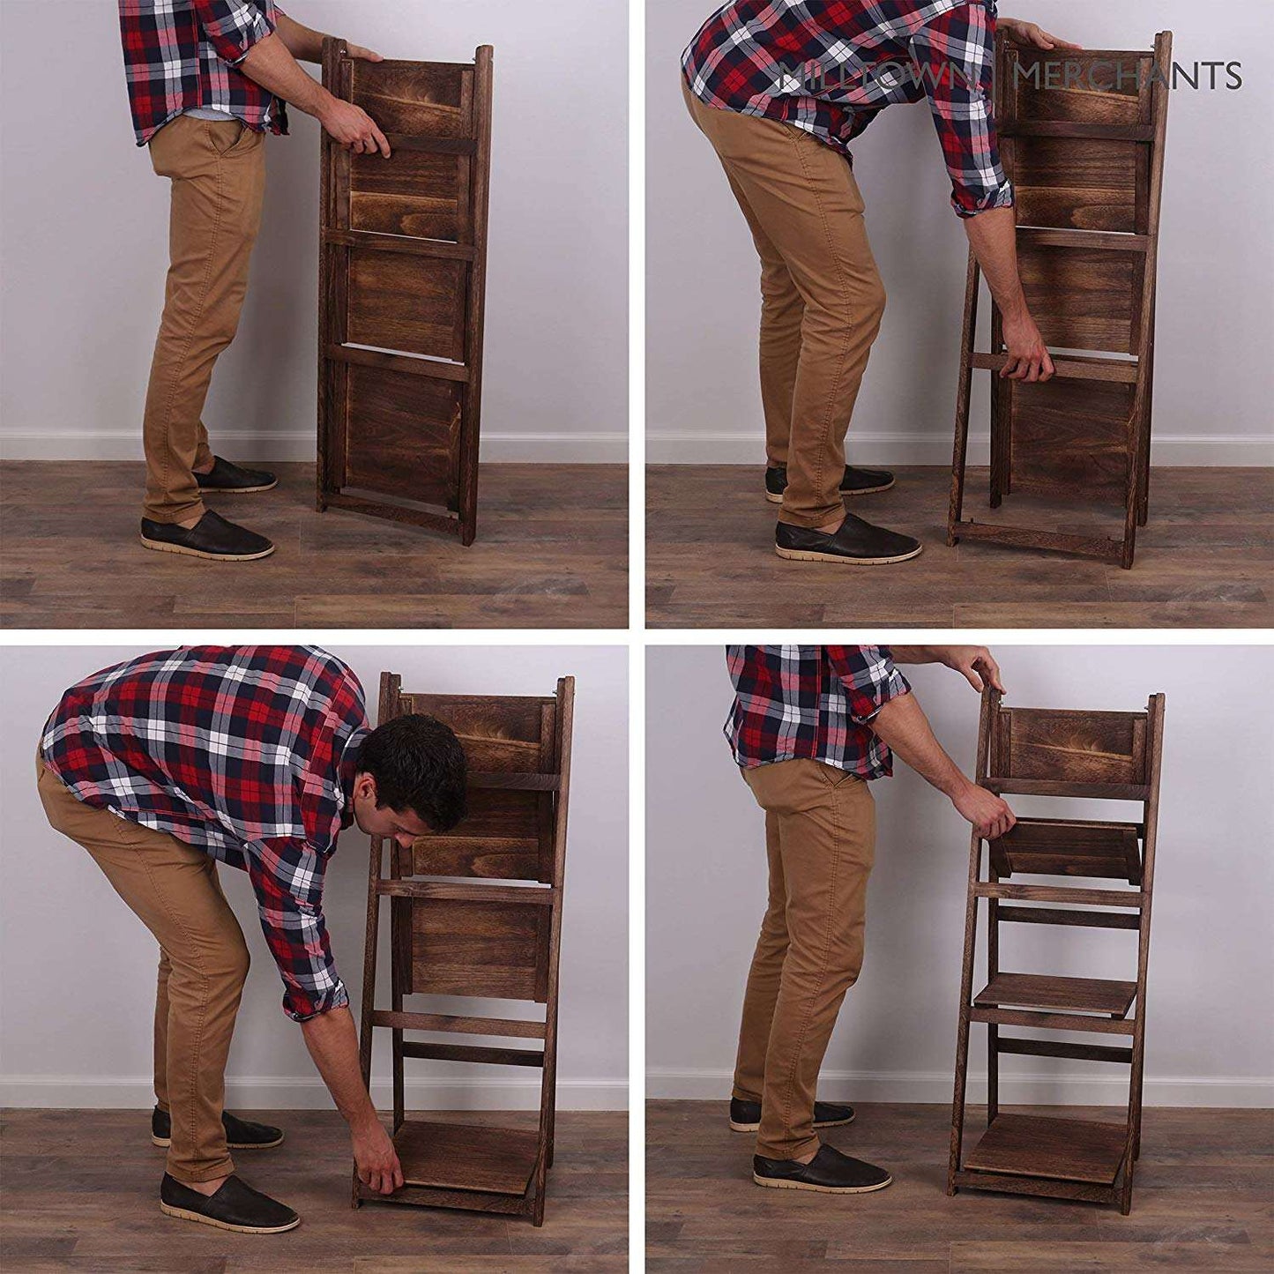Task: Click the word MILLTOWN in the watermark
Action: [x=880, y=77]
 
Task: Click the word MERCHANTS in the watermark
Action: [x=1127, y=77]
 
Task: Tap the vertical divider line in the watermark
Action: [x=996, y=77]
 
